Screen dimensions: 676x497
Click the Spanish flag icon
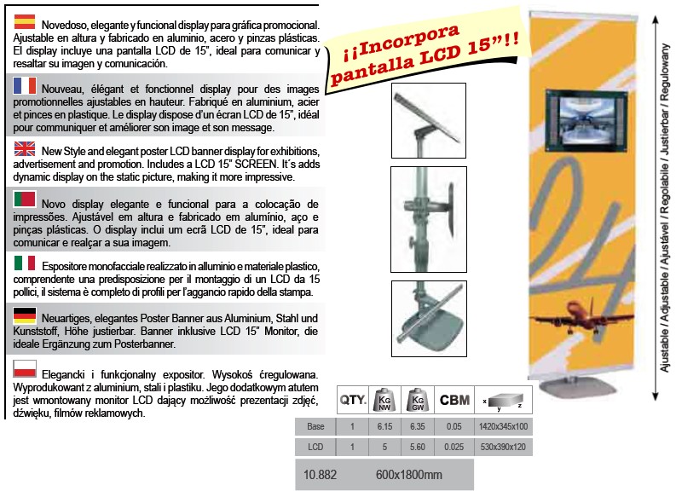24,21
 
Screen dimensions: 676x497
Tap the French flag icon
25,85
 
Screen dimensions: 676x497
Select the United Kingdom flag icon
25,148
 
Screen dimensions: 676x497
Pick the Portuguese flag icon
25,199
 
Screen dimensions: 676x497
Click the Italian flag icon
25,263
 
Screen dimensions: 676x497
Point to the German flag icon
25,315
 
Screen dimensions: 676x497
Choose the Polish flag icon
25,368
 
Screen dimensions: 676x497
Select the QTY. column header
353,400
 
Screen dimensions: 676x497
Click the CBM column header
454,400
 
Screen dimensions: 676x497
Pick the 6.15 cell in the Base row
384,426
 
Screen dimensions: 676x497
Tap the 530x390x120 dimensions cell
503,447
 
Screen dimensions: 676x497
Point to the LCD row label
315,447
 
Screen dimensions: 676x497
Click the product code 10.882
320,475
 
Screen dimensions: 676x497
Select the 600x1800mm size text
408,475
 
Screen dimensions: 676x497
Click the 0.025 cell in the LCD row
454,447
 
